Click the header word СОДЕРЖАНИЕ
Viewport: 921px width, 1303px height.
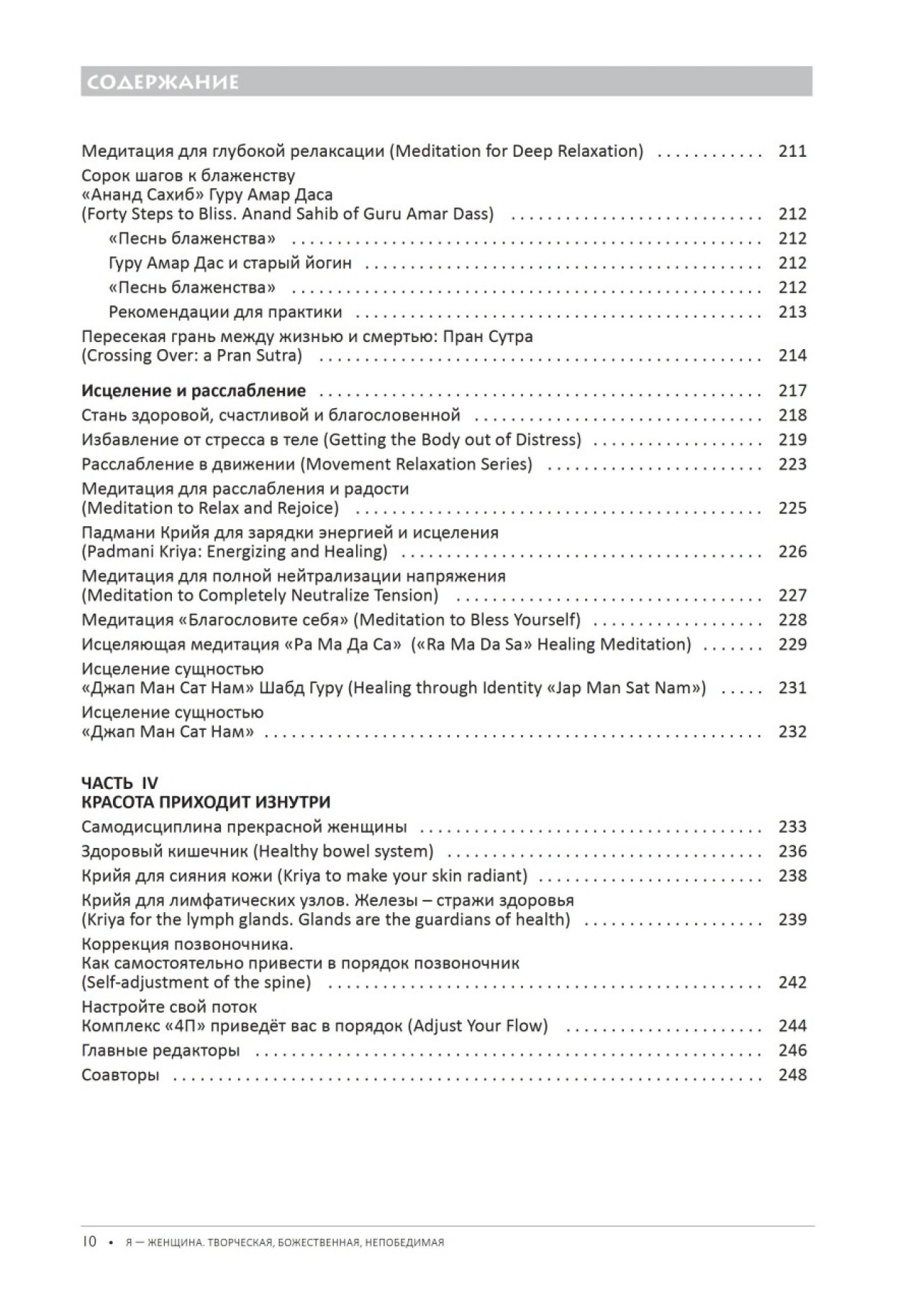pyautogui.click(x=160, y=82)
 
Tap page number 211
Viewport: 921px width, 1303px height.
pyautogui.click(x=792, y=151)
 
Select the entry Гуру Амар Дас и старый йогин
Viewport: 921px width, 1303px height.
pyautogui.click(x=230, y=263)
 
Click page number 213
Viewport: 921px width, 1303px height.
pyautogui.click(x=792, y=312)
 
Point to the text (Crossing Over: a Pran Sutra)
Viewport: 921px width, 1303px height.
pyautogui.click(x=192, y=356)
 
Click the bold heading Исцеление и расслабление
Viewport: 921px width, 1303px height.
pyautogui.click(x=194, y=391)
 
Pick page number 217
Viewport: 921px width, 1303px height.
pyautogui.click(x=792, y=391)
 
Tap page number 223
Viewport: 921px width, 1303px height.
pyautogui.click(x=792, y=464)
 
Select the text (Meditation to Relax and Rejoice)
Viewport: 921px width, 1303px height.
pyautogui.click(x=210, y=508)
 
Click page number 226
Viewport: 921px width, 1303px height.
pyautogui.click(x=792, y=552)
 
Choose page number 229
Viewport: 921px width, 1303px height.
pyautogui.click(x=792, y=644)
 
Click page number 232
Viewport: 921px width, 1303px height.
pyautogui.click(x=792, y=732)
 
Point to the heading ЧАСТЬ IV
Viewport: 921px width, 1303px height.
pyautogui.click(x=119, y=783)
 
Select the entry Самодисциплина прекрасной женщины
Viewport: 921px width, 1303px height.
pyautogui.click(x=244, y=827)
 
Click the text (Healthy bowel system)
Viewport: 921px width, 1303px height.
pyautogui.click(x=343, y=852)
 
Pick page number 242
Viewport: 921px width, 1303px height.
pyautogui.click(x=792, y=983)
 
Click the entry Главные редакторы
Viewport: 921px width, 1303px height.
pyautogui.click(x=160, y=1050)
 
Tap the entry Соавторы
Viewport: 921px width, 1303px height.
pyautogui.click(x=120, y=1075)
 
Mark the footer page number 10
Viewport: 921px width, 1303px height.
pyautogui.click(x=89, y=1242)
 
